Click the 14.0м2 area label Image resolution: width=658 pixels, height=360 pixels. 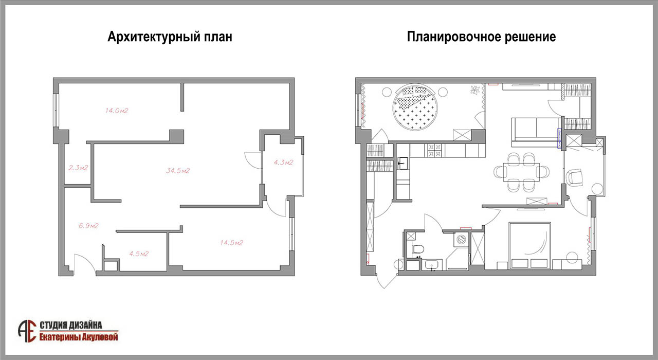point(117,111)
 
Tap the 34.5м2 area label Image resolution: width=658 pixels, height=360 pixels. point(178,170)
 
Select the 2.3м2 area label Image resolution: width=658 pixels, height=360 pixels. point(78,168)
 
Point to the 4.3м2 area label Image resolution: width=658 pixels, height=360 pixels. point(283,162)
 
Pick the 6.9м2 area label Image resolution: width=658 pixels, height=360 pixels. point(88,226)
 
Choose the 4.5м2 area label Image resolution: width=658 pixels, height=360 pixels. point(139,254)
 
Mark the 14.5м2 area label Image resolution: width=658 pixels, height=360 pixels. point(231,243)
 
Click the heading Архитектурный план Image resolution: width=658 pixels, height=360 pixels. point(170,37)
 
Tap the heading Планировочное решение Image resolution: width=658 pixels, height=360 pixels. point(481,37)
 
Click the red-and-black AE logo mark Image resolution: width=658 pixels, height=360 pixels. point(27,332)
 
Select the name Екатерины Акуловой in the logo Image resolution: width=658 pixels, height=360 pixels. point(79,337)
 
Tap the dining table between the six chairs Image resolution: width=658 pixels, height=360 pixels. point(521,172)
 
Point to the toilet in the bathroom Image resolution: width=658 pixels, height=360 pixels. point(418,249)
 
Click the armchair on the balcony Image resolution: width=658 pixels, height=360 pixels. point(575,177)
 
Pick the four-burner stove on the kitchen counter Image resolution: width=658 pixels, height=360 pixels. point(434,150)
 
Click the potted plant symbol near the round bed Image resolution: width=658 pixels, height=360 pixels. point(474,89)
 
